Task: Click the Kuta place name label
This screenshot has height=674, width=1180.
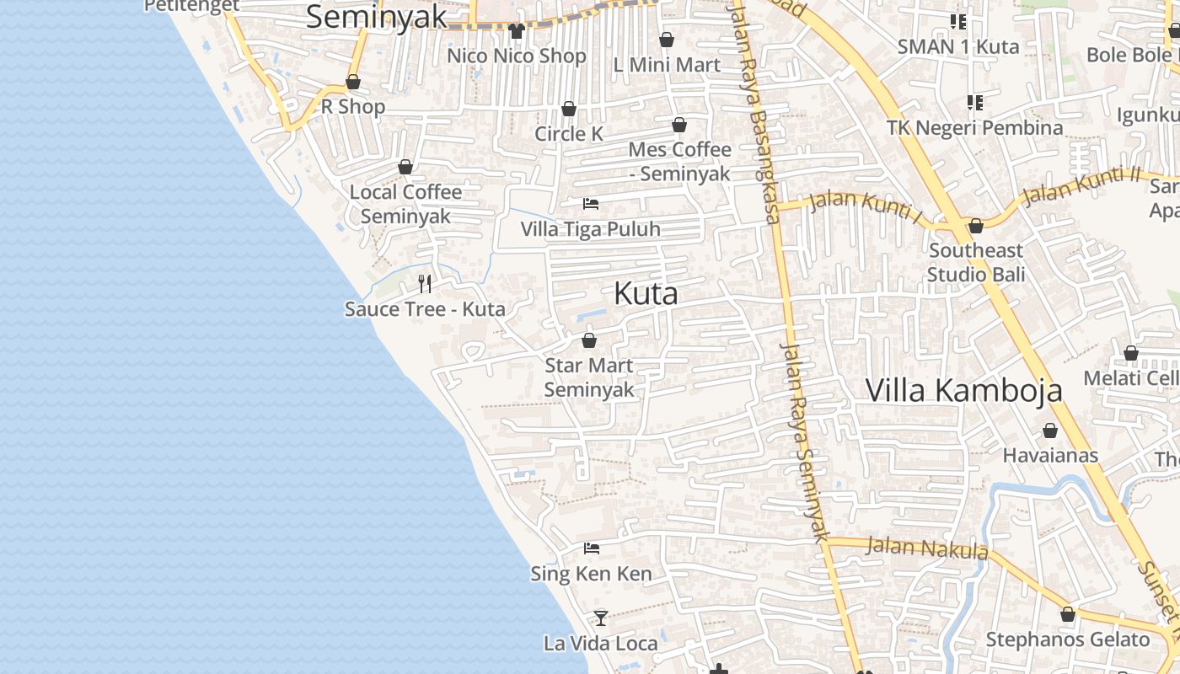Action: point(646,294)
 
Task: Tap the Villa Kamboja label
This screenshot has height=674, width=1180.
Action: point(964,391)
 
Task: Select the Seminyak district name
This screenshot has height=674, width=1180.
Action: point(376,17)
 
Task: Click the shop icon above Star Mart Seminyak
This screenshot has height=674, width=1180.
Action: point(589,340)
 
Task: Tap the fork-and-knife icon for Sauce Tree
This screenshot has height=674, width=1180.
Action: point(425,284)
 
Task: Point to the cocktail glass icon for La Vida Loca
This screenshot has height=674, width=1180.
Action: point(600,618)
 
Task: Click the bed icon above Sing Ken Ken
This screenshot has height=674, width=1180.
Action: point(592,548)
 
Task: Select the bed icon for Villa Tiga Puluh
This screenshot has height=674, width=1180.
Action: point(591,204)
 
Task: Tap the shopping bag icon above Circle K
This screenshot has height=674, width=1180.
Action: point(569,110)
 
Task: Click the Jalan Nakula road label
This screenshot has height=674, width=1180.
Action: point(927,548)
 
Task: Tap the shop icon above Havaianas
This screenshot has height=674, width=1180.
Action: point(1050,431)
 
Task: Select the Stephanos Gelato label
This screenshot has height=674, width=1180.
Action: point(1068,639)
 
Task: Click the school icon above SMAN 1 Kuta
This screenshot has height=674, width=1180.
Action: point(958,21)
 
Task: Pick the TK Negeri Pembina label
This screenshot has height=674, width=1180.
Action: point(975,128)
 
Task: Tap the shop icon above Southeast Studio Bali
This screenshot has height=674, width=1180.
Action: point(976,226)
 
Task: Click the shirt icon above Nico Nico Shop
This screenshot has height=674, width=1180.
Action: point(517,31)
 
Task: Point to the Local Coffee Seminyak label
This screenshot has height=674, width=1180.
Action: point(405,204)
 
